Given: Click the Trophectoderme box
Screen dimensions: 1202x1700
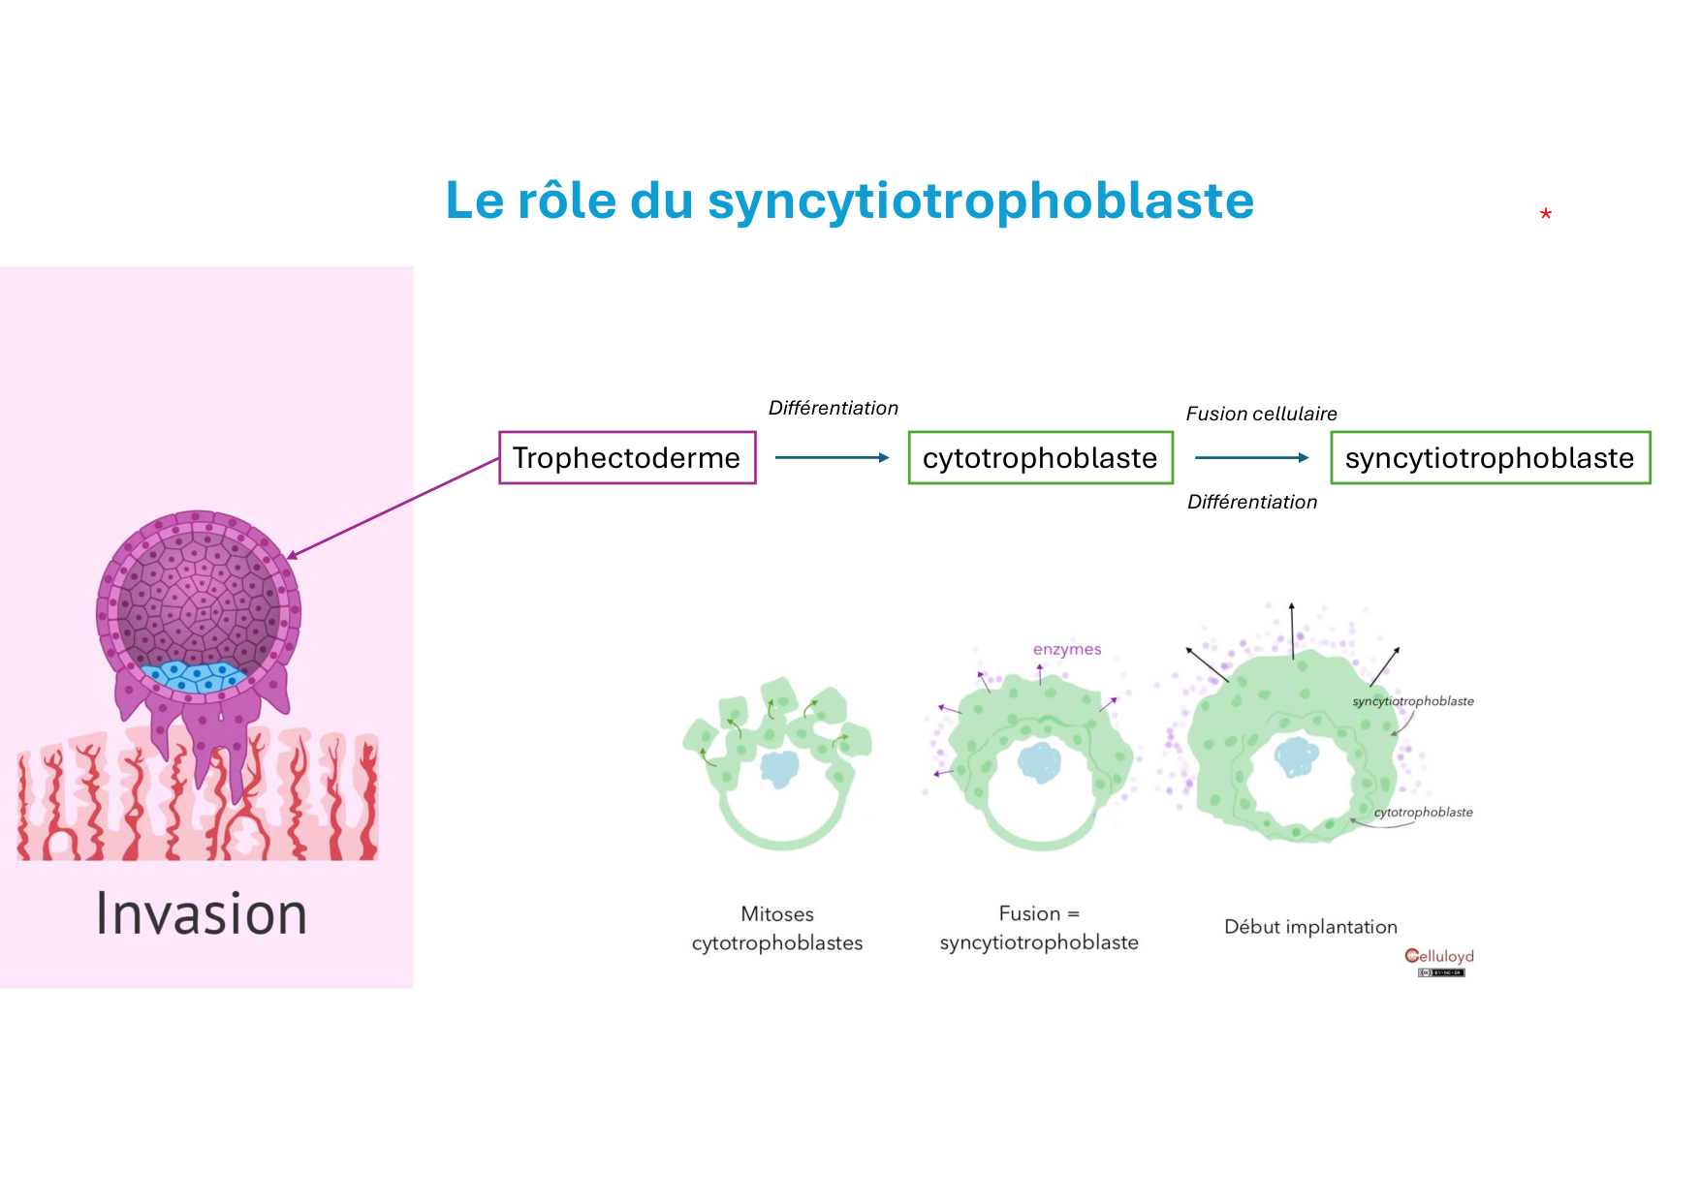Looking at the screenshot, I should click(x=627, y=457).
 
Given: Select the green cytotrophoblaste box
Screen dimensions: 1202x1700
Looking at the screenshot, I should click(x=1040, y=457).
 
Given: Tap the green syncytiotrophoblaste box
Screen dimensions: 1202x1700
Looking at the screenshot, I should click(x=1490, y=457).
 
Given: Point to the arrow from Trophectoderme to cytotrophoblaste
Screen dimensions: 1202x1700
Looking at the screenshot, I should click(x=832, y=457).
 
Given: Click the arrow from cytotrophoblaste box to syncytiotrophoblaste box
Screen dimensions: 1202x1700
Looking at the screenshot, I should click(x=1251, y=457).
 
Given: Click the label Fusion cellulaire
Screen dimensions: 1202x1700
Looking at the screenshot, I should click(x=1261, y=414).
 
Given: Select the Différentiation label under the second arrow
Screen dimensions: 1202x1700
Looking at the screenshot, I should click(x=1252, y=502).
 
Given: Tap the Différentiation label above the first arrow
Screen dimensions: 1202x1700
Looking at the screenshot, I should click(x=834, y=408).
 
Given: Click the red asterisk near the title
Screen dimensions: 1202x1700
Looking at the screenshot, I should click(x=1545, y=215).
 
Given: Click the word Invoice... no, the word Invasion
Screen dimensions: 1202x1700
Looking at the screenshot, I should click(x=202, y=914).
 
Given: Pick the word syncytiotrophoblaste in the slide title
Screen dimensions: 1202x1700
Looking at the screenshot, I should click(x=981, y=200).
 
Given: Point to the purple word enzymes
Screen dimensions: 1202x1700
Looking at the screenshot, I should click(x=1067, y=649).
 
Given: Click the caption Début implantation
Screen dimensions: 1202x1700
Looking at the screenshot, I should click(x=1310, y=927).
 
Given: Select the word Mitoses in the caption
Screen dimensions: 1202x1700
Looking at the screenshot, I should click(x=777, y=913).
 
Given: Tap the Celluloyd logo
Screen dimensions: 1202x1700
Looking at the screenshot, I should click(x=1439, y=956).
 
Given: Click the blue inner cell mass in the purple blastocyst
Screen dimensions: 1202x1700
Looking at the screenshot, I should click(x=194, y=675).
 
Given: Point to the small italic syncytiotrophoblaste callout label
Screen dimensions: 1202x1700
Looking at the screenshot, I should click(x=1413, y=701).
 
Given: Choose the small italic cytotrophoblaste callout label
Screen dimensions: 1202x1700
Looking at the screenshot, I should click(x=1423, y=813).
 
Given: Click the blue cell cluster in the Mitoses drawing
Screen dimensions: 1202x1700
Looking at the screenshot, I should click(x=779, y=769).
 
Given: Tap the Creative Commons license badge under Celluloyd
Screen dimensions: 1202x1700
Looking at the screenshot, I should click(x=1441, y=972).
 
